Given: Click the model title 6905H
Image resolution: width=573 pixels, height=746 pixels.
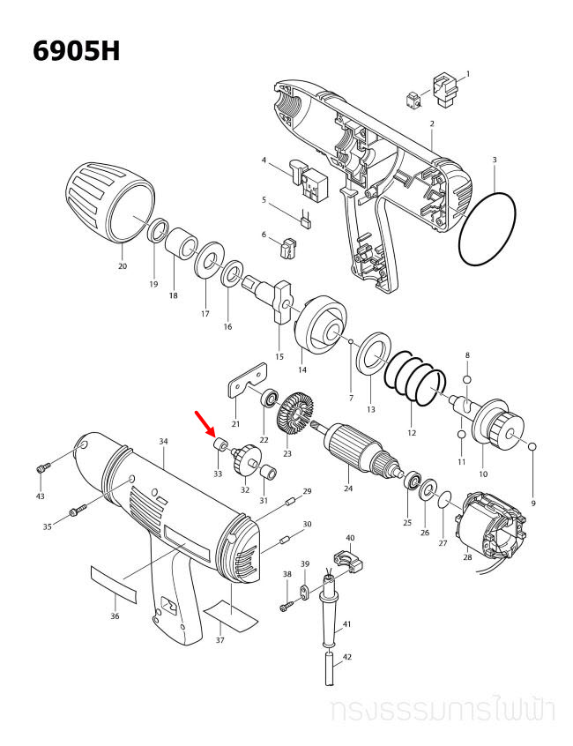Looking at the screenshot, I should [76, 50].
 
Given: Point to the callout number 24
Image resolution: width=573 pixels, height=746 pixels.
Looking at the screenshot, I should [348, 488].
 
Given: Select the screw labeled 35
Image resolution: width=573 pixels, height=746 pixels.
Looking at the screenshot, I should [76, 509].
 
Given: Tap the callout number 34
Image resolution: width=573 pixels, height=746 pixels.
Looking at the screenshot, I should [163, 441].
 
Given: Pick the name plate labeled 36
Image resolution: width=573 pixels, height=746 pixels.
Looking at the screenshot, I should [115, 583].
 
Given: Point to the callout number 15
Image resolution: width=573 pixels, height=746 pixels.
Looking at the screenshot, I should [279, 356].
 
